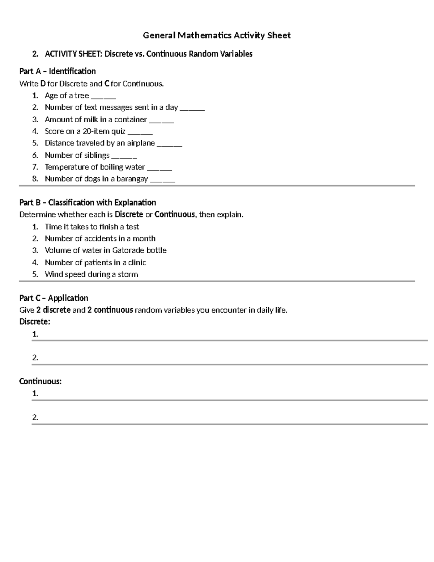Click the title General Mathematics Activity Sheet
[x=217, y=35]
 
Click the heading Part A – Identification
[x=58, y=71]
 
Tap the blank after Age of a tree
[x=103, y=96]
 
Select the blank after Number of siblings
[x=124, y=156]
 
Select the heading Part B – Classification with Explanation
[x=88, y=202]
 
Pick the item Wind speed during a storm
[x=91, y=274]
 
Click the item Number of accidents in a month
[x=100, y=238]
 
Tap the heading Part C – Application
[x=54, y=298]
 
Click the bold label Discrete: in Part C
[x=35, y=321]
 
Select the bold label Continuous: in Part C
[x=40, y=381]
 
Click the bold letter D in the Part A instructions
[x=43, y=84]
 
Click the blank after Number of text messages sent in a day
[x=192, y=108]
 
